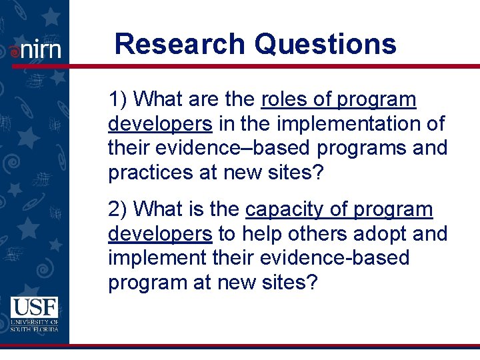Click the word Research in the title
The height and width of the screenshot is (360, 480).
click(180, 45)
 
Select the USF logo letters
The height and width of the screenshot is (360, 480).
click(34, 307)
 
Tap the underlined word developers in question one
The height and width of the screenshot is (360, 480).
click(160, 123)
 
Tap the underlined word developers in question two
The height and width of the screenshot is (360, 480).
click(160, 233)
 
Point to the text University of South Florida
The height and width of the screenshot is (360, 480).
click(34, 325)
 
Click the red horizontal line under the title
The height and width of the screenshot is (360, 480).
click(267, 66)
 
